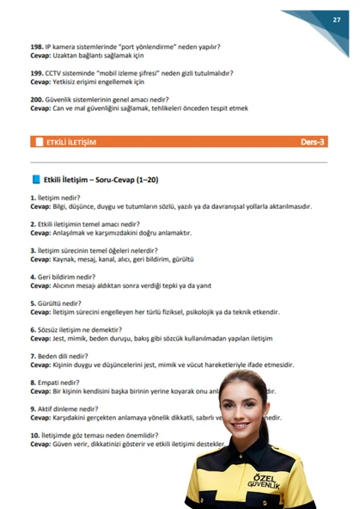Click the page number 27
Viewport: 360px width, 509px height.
(x=337, y=19)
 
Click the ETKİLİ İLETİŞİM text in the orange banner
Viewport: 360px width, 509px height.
(x=71, y=142)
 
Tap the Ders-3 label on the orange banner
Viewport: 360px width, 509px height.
(x=313, y=142)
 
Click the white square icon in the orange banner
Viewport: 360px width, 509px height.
(x=38, y=142)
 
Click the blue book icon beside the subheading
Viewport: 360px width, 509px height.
(x=35, y=180)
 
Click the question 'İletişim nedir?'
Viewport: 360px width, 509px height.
(x=59, y=198)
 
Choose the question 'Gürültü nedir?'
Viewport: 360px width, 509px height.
(x=59, y=304)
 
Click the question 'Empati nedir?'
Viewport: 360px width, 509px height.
(x=58, y=383)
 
